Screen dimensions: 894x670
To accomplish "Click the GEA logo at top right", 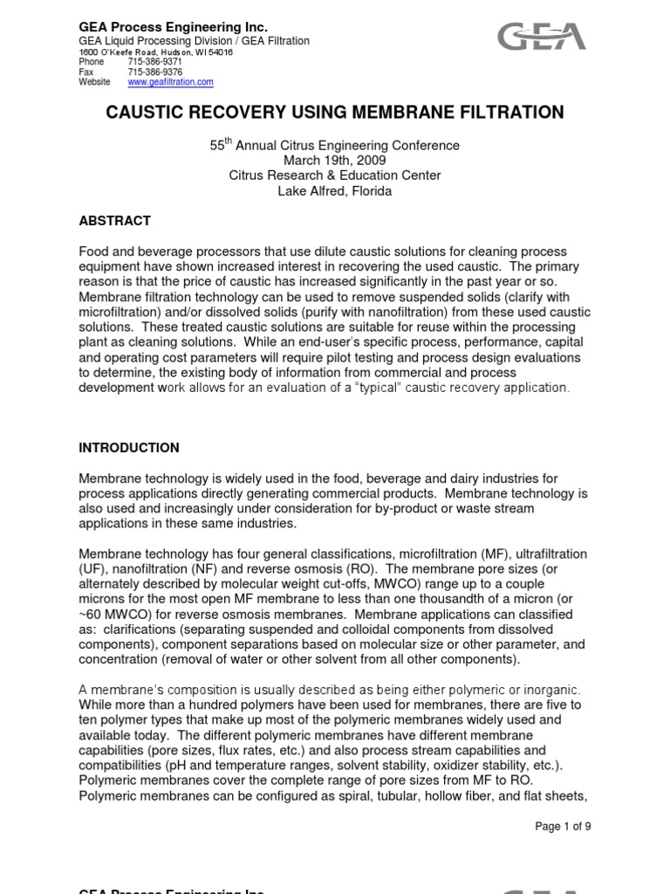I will pyautogui.click(x=542, y=37).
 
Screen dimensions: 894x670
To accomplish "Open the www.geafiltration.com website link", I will pyautogui.click(x=170, y=82).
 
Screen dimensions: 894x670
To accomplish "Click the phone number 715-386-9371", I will pyautogui.click(x=154, y=62).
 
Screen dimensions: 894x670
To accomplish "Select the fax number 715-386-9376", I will pyautogui.click(x=154, y=72).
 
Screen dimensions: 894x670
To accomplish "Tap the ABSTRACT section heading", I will pyautogui.click(x=114, y=221).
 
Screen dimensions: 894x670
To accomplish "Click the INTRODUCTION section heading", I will pyautogui.click(x=129, y=448).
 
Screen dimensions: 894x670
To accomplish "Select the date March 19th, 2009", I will pyautogui.click(x=335, y=161).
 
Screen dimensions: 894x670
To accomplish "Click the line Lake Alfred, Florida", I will pyautogui.click(x=335, y=191).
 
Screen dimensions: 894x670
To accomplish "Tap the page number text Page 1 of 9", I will pyautogui.click(x=563, y=827).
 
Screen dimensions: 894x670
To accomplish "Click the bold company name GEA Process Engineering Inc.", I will pyautogui.click(x=173, y=28).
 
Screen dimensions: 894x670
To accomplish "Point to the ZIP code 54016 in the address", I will pyautogui.click(x=221, y=52).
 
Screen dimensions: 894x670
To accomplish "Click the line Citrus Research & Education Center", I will pyautogui.click(x=335, y=175).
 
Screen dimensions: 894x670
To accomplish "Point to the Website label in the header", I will pyautogui.click(x=95, y=82).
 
